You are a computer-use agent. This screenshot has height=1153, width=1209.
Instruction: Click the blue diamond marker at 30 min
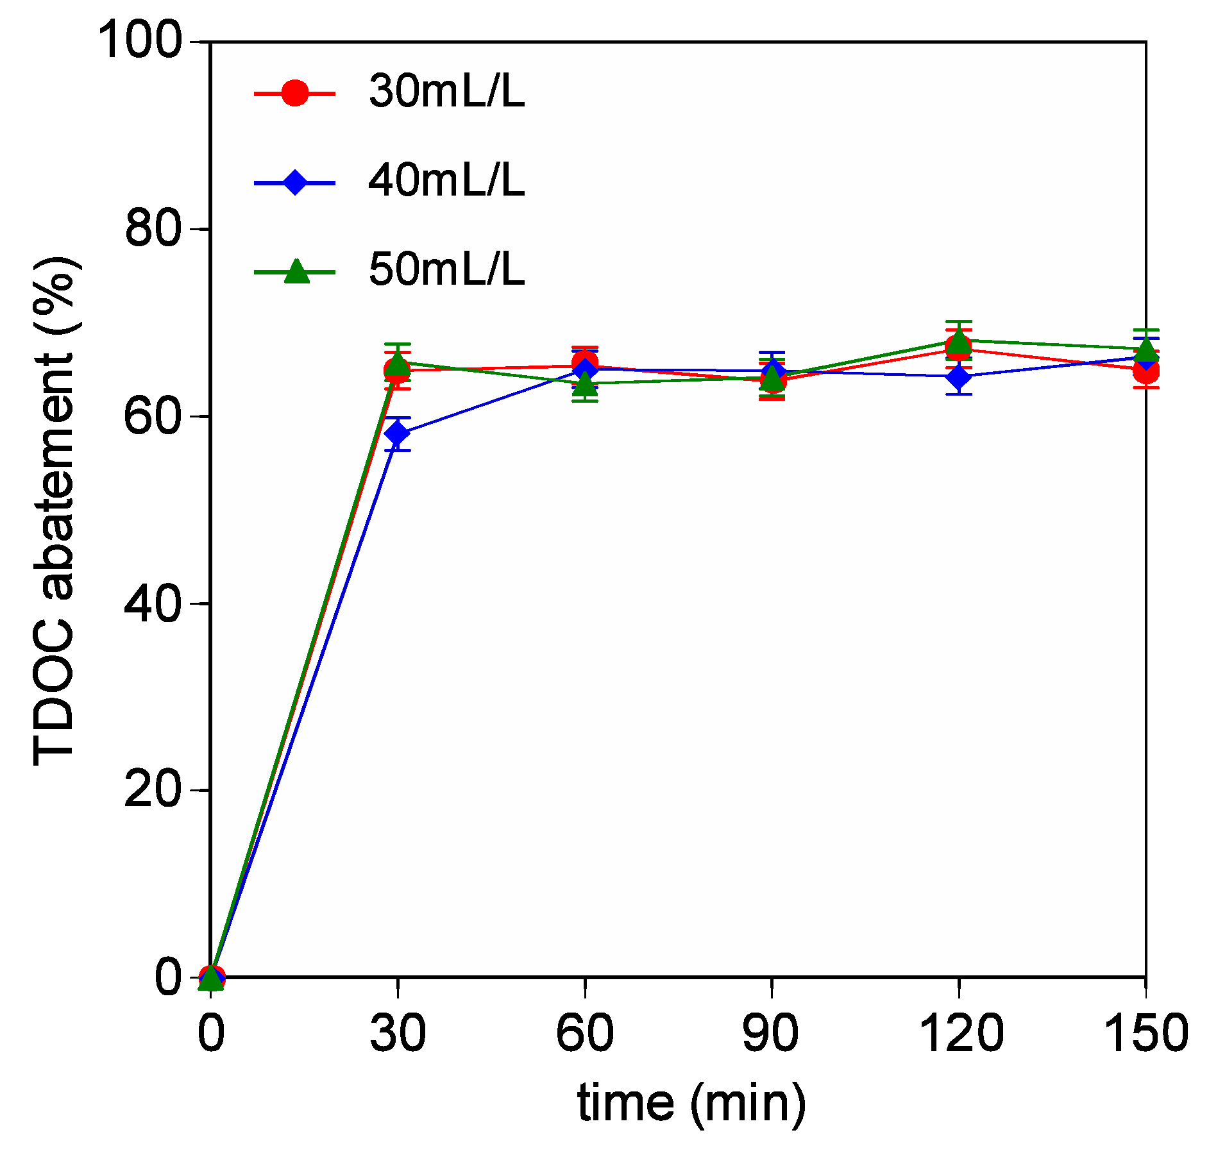pos(398,433)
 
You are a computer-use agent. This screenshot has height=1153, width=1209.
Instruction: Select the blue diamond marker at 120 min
pos(958,376)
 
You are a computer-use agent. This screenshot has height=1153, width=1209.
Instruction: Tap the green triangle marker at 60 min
pos(585,384)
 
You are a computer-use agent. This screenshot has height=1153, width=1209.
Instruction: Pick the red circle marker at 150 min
pos(1146,371)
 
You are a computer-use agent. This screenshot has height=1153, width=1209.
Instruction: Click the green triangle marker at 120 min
pos(959,341)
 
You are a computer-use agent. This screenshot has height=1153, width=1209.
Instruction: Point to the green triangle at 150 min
pos(1146,349)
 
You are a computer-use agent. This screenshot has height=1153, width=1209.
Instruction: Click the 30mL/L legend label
pos(446,92)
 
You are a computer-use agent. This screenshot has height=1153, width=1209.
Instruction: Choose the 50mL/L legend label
pos(446,269)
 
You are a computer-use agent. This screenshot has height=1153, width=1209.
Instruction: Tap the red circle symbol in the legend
pos(295,93)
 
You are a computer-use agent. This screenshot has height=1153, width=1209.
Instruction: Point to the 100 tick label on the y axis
pos(140,42)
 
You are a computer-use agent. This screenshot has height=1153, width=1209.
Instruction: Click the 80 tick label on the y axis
pos(154,229)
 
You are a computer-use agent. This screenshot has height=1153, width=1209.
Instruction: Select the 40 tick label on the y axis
pos(154,603)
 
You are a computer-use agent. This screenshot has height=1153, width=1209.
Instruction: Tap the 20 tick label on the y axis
pos(154,790)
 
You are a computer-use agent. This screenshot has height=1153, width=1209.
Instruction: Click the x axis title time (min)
pos(691,1105)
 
